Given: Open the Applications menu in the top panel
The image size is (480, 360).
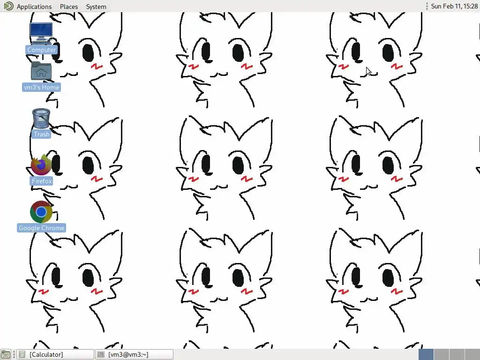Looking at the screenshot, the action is [34, 7].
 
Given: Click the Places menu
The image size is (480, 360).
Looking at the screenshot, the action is [69, 7].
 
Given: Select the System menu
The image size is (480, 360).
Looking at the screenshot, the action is [96, 7].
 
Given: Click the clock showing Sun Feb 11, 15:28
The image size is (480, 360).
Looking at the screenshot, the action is [454, 6].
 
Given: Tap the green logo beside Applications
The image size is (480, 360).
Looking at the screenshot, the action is [8, 6].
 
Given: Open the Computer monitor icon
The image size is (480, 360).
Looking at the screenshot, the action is [41, 33].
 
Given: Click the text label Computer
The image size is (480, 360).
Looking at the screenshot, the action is [41, 50].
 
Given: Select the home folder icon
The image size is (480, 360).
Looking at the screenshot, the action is [41, 71].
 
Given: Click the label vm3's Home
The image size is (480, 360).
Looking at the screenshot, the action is [41, 87].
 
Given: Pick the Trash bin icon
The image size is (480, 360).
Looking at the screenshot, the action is [41, 118].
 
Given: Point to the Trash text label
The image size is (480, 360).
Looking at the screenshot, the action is [41, 134].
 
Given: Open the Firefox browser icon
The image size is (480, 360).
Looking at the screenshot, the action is [41, 165].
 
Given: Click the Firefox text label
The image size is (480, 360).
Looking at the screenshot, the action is [42, 181].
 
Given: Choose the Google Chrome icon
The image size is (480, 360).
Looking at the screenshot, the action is [41, 211].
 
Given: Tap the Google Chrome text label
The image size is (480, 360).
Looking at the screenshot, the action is [41, 228].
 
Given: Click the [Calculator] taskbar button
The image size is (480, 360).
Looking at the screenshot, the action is [55, 354].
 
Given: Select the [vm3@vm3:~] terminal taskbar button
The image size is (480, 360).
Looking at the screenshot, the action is [134, 354].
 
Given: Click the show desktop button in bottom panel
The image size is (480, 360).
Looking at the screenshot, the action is [6, 354].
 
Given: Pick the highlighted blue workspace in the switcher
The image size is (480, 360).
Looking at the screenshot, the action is [426, 354].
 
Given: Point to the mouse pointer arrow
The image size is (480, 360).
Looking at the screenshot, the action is [368, 71].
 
